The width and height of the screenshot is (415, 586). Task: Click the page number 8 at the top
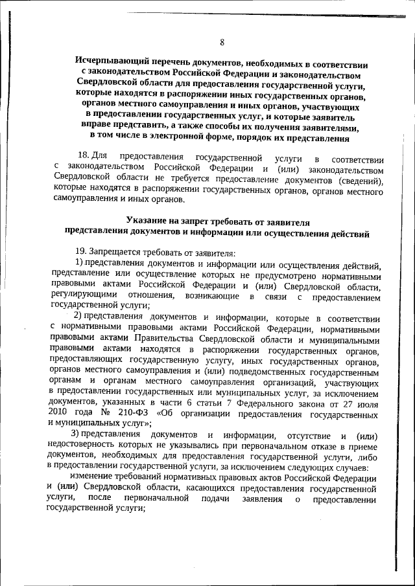click(222, 43)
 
